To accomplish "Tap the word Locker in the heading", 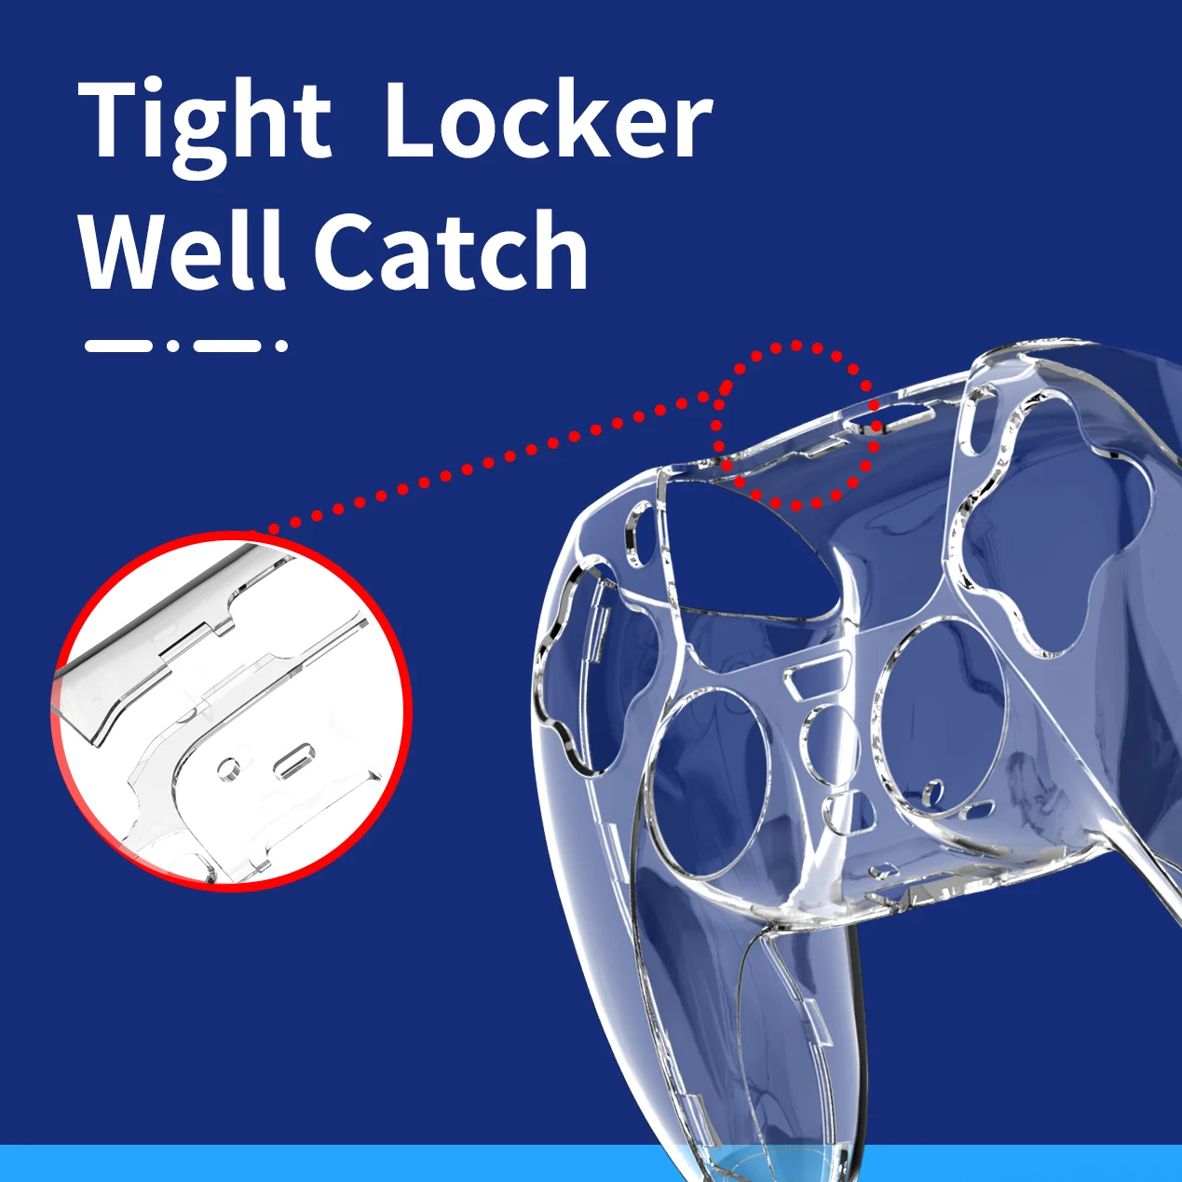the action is coord(549,118).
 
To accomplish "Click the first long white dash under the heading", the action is coord(118,346).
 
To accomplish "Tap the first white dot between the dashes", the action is coord(173,346).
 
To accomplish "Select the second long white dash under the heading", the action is coord(227,346).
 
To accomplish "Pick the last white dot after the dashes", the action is coord(281,346).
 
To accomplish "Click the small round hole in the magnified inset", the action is coord(229,768).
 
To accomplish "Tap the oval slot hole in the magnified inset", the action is coord(293,761).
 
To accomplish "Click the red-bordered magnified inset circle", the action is coord(231,711).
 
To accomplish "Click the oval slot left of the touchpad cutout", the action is coord(638,534).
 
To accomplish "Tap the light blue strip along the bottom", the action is coord(591,1163).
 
